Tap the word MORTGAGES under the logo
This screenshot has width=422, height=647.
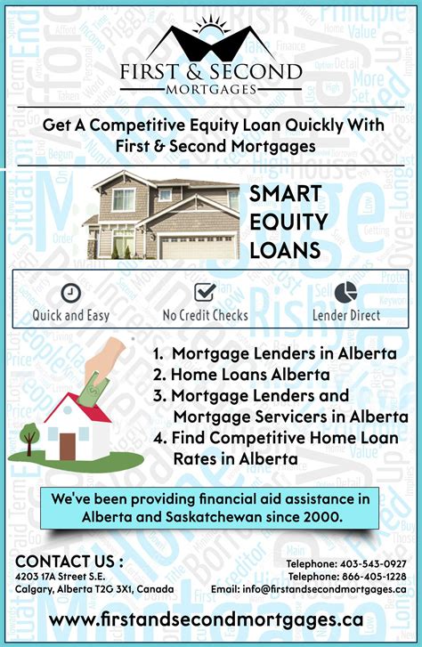click(211, 89)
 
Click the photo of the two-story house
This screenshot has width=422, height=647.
click(161, 214)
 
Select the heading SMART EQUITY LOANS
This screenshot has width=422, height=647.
click(288, 222)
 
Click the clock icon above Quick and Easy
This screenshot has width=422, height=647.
click(70, 293)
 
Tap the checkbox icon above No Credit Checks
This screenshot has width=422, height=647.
click(206, 292)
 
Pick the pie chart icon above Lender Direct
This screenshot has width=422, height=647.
click(345, 291)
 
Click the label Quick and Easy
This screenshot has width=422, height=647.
click(71, 315)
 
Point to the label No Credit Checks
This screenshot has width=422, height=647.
click(206, 315)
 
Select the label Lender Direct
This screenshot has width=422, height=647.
click(345, 315)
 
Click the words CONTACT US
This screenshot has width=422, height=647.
click(69, 562)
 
